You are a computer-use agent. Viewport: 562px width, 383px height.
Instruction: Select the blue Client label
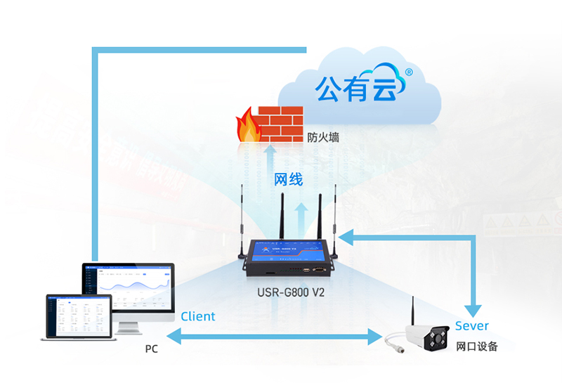pos(198,316)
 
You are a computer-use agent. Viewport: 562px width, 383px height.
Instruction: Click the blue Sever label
pos(471,325)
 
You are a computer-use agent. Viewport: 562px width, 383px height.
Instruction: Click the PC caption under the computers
pos(151,349)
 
